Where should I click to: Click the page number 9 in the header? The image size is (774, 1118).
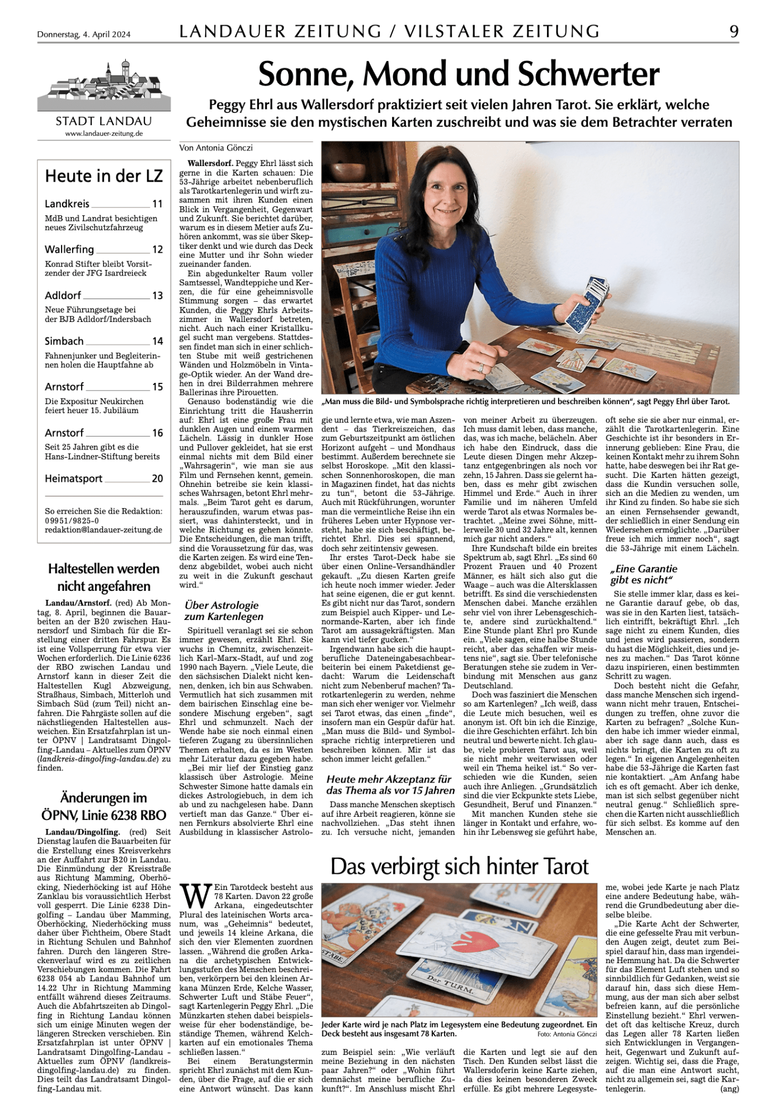pos(733,31)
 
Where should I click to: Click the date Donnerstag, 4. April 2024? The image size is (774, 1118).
pos(84,35)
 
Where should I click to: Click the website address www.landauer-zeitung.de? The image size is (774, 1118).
pos(104,134)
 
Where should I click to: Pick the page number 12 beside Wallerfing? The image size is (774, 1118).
pos(158,250)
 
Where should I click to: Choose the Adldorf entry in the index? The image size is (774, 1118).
pos(63,295)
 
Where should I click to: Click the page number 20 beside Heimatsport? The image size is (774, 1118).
pos(158,479)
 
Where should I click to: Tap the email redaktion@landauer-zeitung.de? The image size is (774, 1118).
pos(103,530)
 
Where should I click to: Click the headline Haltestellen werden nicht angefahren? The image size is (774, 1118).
pos(104,577)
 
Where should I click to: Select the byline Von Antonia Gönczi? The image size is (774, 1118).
pos(216,148)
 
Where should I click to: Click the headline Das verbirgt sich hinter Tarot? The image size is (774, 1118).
pos(459,866)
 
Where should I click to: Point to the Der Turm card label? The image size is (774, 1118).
pos(450,988)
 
